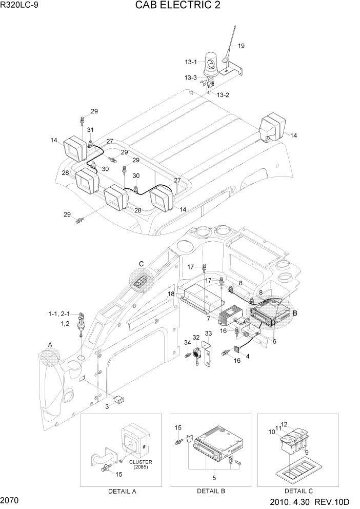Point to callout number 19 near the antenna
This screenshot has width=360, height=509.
pyautogui.click(x=241, y=46)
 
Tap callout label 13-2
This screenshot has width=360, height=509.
pyautogui.click(x=223, y=95)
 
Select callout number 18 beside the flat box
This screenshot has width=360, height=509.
pyautogui.click(x=172, y=293)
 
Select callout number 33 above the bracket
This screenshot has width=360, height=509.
pyautogui.click(x=208, y=334)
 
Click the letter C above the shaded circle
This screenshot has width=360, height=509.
pyautogui.click(x=141, y=264)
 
